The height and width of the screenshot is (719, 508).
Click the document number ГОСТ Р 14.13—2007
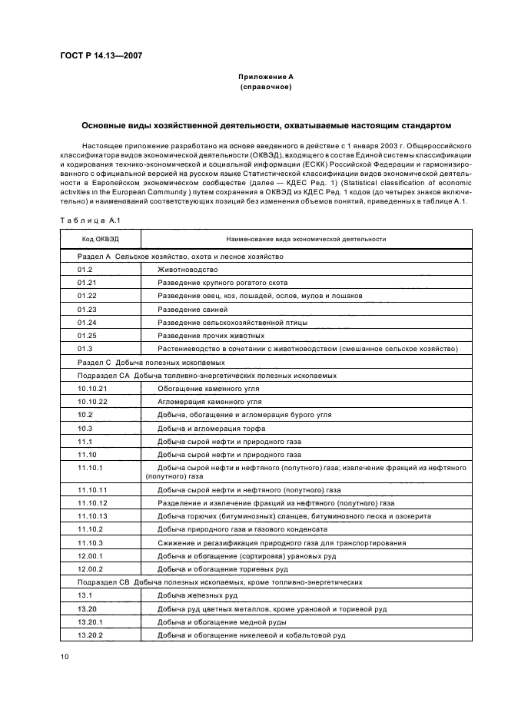[100, 55]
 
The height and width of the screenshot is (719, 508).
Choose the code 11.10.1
[90, 467]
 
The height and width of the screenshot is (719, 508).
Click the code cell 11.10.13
[92, 516]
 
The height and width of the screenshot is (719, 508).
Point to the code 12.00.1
[90, 556]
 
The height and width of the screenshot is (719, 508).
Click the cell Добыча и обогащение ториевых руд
[223, 569]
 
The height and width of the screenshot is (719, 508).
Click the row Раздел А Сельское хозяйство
[181, 256]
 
